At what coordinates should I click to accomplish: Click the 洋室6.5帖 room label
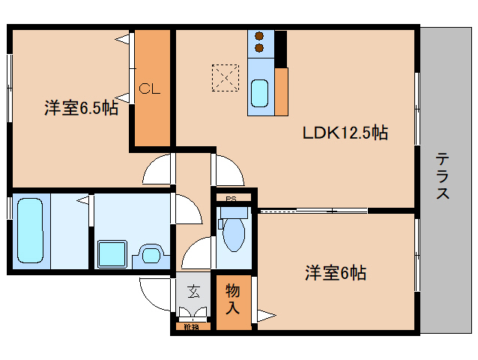80,108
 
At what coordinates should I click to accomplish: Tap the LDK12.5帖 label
345,133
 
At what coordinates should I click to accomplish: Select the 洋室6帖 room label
335,272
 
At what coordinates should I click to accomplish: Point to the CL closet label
150,88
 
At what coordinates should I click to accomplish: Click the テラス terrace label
444,175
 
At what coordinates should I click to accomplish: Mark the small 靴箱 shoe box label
191,326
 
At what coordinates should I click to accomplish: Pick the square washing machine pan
112,254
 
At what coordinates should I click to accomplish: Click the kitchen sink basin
260,94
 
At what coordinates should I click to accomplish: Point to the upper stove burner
260,35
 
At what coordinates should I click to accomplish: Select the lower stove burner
260,48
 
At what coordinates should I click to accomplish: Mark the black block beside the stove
280,46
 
